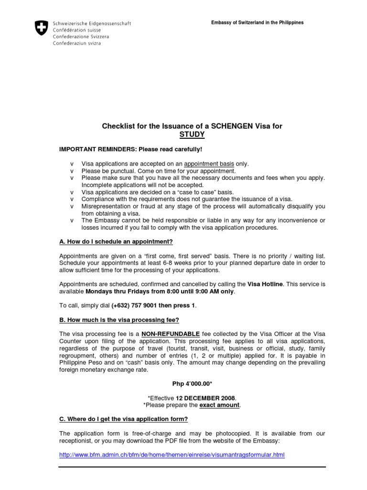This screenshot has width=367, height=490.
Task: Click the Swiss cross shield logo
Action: pyautogui.click(x=42, y=28)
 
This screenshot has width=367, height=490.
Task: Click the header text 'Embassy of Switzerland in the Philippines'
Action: pyautogui.click(x=257, y=23)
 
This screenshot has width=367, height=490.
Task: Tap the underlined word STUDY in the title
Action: pyautogui.click(x=192, y=134)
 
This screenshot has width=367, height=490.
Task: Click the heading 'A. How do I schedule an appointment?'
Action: pyautogui.click(x=116, y=241)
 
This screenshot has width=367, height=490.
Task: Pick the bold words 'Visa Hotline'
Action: pyautogui.click(x=265, y=284)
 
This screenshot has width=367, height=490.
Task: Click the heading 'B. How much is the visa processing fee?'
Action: pyautogui.click(x=119, y=320)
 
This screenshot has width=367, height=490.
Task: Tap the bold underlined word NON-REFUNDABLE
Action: pyautogui.click(x=170, y=334)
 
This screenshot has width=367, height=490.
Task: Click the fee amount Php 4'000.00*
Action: pyautogui.click(x=192, y=384)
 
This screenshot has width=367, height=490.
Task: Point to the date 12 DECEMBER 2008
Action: pyautogui.click(x=205, y=398)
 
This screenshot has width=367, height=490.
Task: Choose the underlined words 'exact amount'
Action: pyautogui.click(x=219, y=405)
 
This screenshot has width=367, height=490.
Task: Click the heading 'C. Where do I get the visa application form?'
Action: pyautogui.click(x=123, y=419)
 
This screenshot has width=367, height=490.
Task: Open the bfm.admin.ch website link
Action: pyautogui.click(x=172, y=455)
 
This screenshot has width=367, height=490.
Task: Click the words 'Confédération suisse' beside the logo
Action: pyautogui.click(x=74, y=30)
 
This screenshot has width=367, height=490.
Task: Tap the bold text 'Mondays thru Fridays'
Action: pyautogui.click(x=115, y=291)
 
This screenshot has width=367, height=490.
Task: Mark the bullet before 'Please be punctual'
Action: pyautogui.click(x=72, y=171)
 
